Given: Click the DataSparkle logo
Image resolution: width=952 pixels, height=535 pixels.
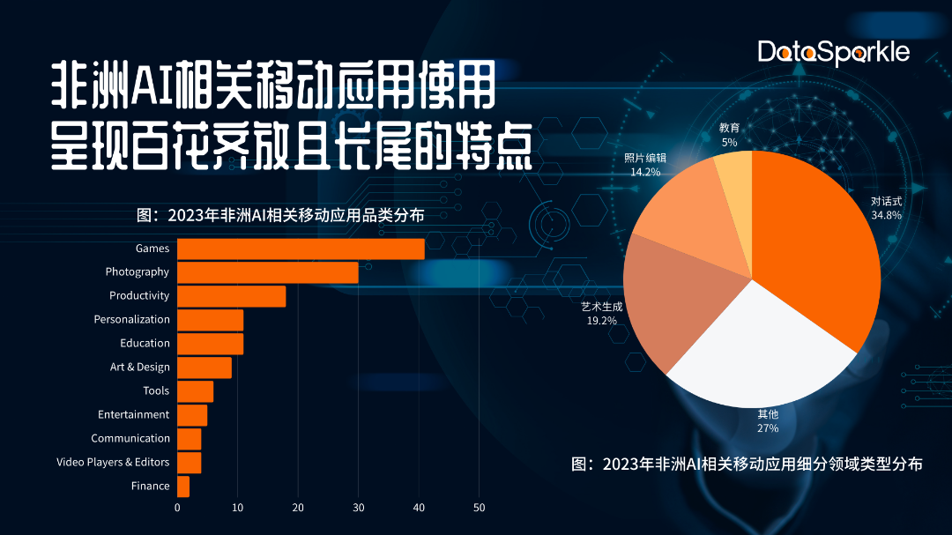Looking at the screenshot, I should (x=833, y=52).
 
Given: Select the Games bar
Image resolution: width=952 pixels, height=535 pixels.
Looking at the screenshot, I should (x=301, y=249).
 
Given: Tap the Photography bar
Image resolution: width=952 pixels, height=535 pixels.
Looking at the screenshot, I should (x=268, y=272).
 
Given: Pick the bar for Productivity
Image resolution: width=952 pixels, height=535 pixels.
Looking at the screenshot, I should (x=231, y=296).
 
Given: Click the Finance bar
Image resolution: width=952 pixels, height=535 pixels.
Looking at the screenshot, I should (x=183, y=486).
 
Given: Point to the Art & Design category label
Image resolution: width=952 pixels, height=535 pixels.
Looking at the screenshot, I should (x=139, y=367).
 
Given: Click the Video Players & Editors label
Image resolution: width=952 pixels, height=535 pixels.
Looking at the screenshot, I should (x=113, y=462).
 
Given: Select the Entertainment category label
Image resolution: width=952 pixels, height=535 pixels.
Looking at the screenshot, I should (x=133, y=414).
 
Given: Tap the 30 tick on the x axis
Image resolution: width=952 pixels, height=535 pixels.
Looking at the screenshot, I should (x=359, y=508).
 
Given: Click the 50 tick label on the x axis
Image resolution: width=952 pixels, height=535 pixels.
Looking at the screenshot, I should (x=480, y=508).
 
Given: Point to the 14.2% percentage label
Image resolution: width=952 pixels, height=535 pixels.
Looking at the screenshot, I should (x=645, y=172).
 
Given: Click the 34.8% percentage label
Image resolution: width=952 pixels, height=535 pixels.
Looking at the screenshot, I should (x=886, y=214).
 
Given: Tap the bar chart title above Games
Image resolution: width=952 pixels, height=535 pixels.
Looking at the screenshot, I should (x=280, y=215).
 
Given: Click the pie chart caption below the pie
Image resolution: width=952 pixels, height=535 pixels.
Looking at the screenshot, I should (x=747, y=464).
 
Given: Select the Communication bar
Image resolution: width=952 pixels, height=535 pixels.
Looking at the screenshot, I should (x=190, y=438).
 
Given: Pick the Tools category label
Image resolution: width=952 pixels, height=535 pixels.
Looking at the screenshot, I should (x=156, y=390).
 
